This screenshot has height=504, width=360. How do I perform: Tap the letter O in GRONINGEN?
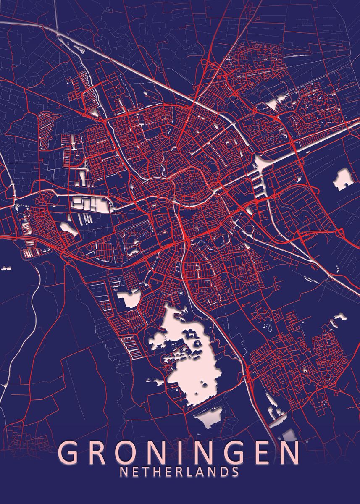129,452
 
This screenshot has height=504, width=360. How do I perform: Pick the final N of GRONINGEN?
289,452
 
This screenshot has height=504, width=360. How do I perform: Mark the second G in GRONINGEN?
234,452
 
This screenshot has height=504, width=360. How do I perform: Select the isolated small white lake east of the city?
343,178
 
